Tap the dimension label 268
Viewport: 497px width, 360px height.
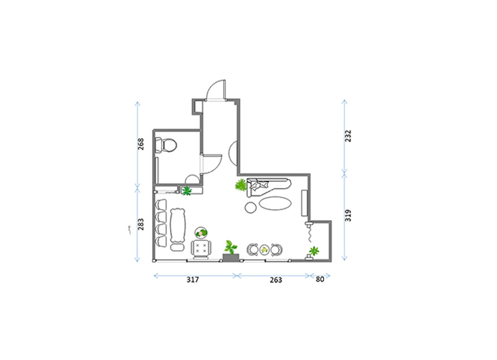pos(140,144)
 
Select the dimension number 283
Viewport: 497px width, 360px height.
pos(140,224)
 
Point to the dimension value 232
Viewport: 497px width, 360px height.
pos(348,136)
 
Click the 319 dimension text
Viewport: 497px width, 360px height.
pos(348,216)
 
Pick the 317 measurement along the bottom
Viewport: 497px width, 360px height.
pos(192,280)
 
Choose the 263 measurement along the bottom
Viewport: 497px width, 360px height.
pos(276,280)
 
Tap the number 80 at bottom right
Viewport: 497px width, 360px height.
pos(320,279)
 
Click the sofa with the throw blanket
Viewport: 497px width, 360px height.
pos(269,187)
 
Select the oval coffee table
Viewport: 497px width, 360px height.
pos(275,203)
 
